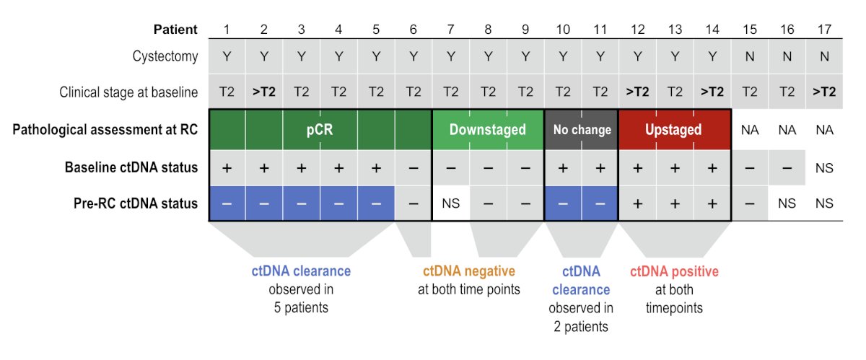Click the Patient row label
coord(175,30)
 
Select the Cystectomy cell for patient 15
coord(750,56)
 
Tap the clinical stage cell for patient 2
coord(264,92)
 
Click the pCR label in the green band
coord(320,130)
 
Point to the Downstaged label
coord(488,130)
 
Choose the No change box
coord(581,130)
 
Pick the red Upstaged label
coord(673,130)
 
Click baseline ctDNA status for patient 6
coord(414,168)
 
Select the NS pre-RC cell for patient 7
coord(451,203)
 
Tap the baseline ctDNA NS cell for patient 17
coord(824,168)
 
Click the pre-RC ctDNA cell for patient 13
coord(675,203)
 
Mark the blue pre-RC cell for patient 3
coord(302,203)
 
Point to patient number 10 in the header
coord(563,30)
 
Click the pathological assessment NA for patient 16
coord(787,130)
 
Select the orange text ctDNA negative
coord(469,271)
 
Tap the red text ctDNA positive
coord(674,271)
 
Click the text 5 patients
coord(301,308)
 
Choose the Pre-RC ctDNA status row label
coord(136,203)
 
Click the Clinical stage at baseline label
coord(128,92)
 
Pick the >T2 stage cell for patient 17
coord(824,92)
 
